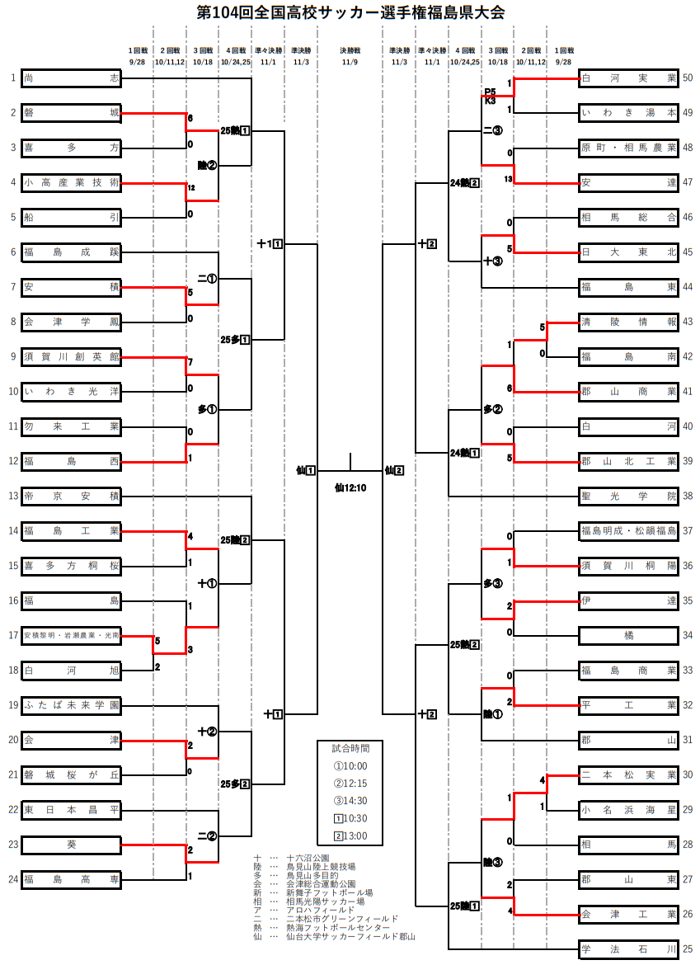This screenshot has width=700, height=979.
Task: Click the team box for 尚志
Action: (x=72, y=78)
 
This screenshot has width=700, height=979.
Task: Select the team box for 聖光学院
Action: (x=628, y=497)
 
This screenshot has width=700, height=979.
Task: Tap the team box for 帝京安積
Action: (x=72, y=497)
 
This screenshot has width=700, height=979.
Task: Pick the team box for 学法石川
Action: (x=628, y=948)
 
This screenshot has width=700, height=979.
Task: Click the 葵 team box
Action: (x=72, y=845)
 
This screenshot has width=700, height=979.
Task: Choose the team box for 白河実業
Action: (x=628, y=78)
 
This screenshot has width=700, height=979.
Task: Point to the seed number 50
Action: (x=688, y=78)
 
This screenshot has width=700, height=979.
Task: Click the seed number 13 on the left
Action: (x=13, y=497)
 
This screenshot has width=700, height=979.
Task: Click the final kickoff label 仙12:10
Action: (x=350, y=487)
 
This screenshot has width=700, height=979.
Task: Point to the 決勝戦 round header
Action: (x=350, y=50)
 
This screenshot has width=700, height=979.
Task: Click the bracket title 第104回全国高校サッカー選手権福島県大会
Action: (x=350, y=13)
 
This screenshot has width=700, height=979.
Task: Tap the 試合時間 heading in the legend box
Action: (x=350, y=749)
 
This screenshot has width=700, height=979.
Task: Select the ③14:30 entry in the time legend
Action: (x=350, y=800)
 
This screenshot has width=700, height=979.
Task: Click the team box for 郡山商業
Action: (x=628, y=392)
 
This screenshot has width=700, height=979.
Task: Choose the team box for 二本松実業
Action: (x=628, y=774)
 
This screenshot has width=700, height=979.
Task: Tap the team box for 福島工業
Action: (x=72, y=531)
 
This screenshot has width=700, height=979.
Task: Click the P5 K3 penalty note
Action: (x=490, y=96)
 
